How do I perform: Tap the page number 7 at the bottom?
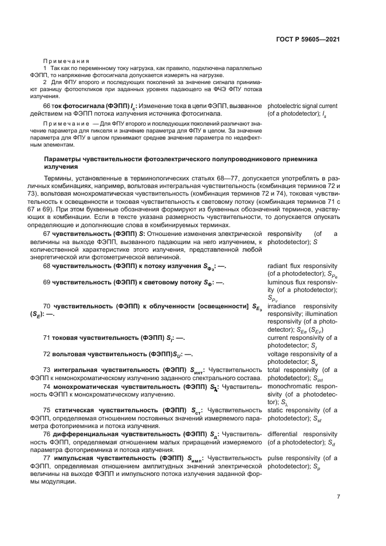(x=338, y=497)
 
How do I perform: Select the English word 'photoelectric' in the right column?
(x=284, y=106)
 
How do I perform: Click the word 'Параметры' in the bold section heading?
(x=64, y=159)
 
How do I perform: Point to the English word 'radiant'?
(x=277, y=266)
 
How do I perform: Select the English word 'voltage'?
(x=279, y=354)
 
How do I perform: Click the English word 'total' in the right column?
(x=275, y=370)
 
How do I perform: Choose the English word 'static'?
(x=276, y=411)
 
